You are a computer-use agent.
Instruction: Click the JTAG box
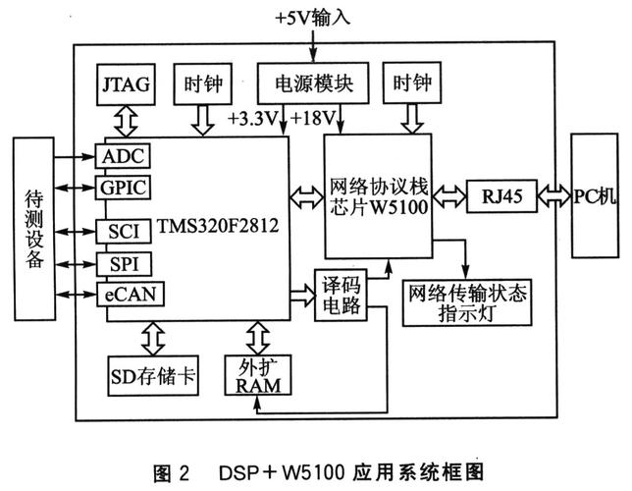pyautogui.click(x=124, y=84)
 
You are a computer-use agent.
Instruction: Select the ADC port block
pyautogui.click(x=123, y=157)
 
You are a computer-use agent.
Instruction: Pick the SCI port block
pyautogui.click(x=119, y=231)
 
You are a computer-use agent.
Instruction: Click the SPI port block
pyautogui.click(x=119, y=264)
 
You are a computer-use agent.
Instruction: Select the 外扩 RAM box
pyautogui.click(x=259, y=373)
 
